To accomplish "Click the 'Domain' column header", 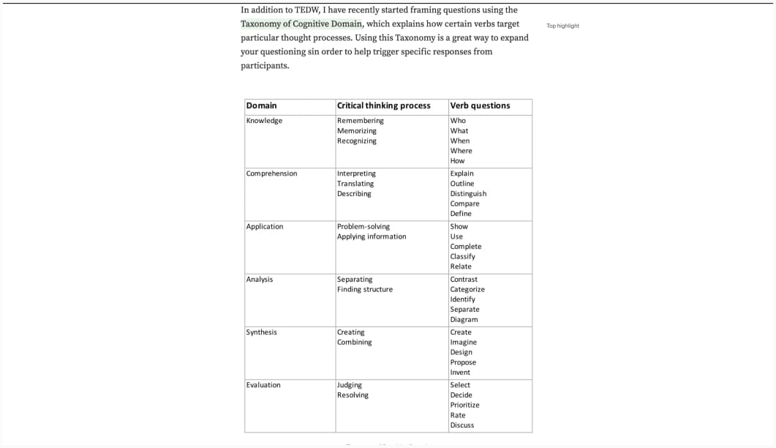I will pos(261,105).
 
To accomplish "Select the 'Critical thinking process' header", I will pos(383,105).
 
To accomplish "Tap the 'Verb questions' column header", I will pos(480,105).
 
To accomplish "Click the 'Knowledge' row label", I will pos(264,121).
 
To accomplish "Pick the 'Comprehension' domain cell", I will pos(271,173).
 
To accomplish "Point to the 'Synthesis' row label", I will pos(261,332).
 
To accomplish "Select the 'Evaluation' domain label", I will pos(263,385).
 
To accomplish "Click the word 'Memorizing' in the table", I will pos(356,131).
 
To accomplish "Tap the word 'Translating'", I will pos(355,184).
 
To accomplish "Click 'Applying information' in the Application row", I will pos(371,236).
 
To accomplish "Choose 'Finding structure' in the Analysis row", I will pos(364,289).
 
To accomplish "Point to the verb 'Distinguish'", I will pos(468,194).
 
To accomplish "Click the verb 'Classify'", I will pos(462,256).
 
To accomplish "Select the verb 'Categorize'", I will pos(467,289).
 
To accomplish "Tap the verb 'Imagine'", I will pos(463,342).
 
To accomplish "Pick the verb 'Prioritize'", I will pos(464,405).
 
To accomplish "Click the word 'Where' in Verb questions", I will pos(461,151).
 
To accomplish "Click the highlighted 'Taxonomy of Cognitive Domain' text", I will pos(301,23).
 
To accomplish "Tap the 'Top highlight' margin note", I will pos(562,26).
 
